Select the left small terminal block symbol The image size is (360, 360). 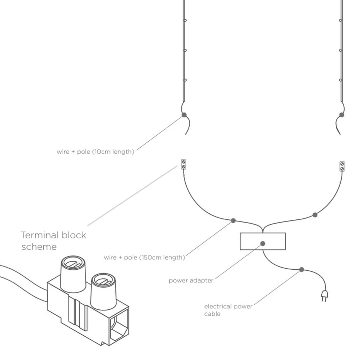183,164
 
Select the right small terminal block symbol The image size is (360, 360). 342,166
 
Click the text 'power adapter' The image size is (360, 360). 191,281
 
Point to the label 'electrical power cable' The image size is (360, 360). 228,310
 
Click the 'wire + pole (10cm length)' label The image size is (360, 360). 95,152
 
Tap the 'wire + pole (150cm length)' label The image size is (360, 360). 144,257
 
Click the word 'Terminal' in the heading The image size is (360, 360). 40,235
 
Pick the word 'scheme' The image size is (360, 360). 39,247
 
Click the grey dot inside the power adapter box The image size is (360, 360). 263,243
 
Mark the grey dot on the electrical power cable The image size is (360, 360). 302,270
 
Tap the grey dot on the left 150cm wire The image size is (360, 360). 233,221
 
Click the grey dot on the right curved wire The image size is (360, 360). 315,215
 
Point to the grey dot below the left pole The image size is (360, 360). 184,115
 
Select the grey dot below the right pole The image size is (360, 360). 342,115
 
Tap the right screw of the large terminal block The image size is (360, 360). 103,281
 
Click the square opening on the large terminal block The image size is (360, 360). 118,327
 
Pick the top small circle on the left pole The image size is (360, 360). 185,20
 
